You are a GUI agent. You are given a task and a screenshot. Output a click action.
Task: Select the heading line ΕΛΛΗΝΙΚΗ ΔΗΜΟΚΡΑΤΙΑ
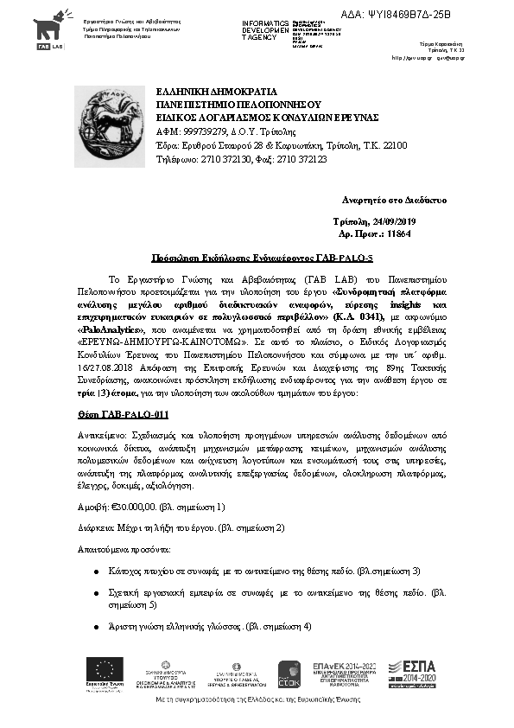(216, 91)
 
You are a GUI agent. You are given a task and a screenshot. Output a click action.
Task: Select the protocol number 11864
(399, 234)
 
